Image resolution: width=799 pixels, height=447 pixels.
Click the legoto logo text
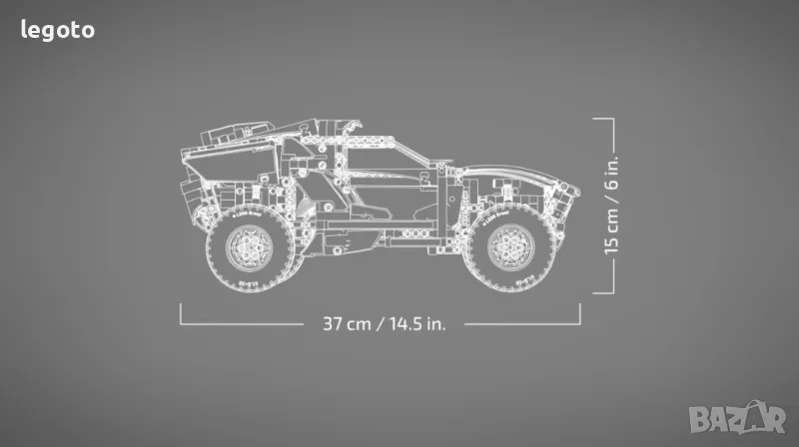pyautogui.click(x=58, y=31)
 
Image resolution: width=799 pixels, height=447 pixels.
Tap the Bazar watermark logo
pyautogui.click(x=737, y=418)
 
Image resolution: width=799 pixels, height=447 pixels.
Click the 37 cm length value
pyautogui.click(x=347, y=324)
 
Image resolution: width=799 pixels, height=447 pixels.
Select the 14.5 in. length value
pyautogui.click(x=417, y=324)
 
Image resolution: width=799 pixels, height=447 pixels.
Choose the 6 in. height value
pyautogui.click(x=611, y=172)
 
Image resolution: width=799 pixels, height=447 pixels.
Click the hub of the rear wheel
pyautogui.click(x=249, y=247)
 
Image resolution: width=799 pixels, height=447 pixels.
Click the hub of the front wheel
pyautogui.click(x=510, y=247)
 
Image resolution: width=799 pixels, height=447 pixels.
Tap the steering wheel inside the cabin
pyautogui.click(x=423, y=178)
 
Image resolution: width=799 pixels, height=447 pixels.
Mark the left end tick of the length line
pyautogui.click(x=181, y=313)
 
